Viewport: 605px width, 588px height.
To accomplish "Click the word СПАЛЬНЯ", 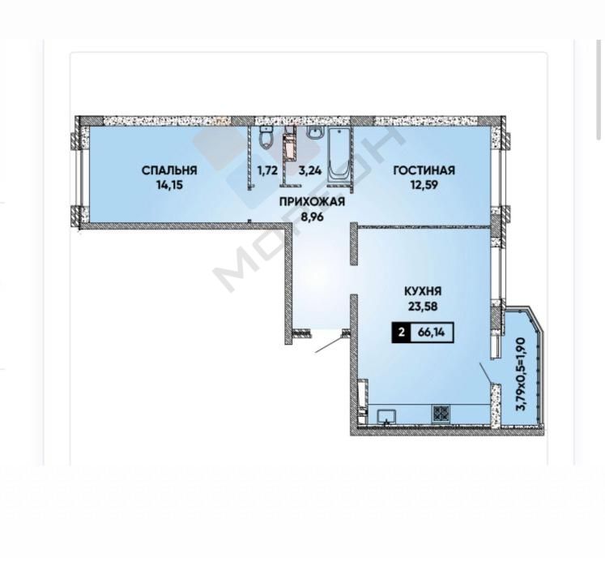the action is coord(169,170).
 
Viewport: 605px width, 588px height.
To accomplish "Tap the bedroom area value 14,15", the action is coord(169,185).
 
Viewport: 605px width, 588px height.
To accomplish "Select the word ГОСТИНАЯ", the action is coord(424,170).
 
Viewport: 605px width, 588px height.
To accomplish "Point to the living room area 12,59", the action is coord(424,185).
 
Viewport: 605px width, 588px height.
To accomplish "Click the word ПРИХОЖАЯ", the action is coord(312,202).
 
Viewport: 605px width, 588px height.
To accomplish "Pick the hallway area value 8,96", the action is coord(312,217).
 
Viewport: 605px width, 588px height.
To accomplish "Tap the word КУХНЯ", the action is coord(423,291).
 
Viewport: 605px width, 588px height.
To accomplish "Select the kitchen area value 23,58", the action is coord(423,307).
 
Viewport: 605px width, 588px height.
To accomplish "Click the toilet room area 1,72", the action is coord(267,170).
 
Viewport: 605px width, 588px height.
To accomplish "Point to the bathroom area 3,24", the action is coord(310,170).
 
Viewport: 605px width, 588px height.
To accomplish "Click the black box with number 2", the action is coord(402,332).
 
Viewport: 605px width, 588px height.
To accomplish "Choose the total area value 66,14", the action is coord(432,332).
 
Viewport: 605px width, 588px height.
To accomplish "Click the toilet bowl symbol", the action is coord(266,138).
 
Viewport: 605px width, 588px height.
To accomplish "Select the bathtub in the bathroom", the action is coord(339,155).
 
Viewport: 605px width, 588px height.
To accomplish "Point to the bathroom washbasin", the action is coord(316,132).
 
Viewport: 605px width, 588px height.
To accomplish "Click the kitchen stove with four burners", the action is coord(441,413).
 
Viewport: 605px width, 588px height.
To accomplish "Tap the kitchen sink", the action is coord(386,417).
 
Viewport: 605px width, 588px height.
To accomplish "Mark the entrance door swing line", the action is coord(329,344).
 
